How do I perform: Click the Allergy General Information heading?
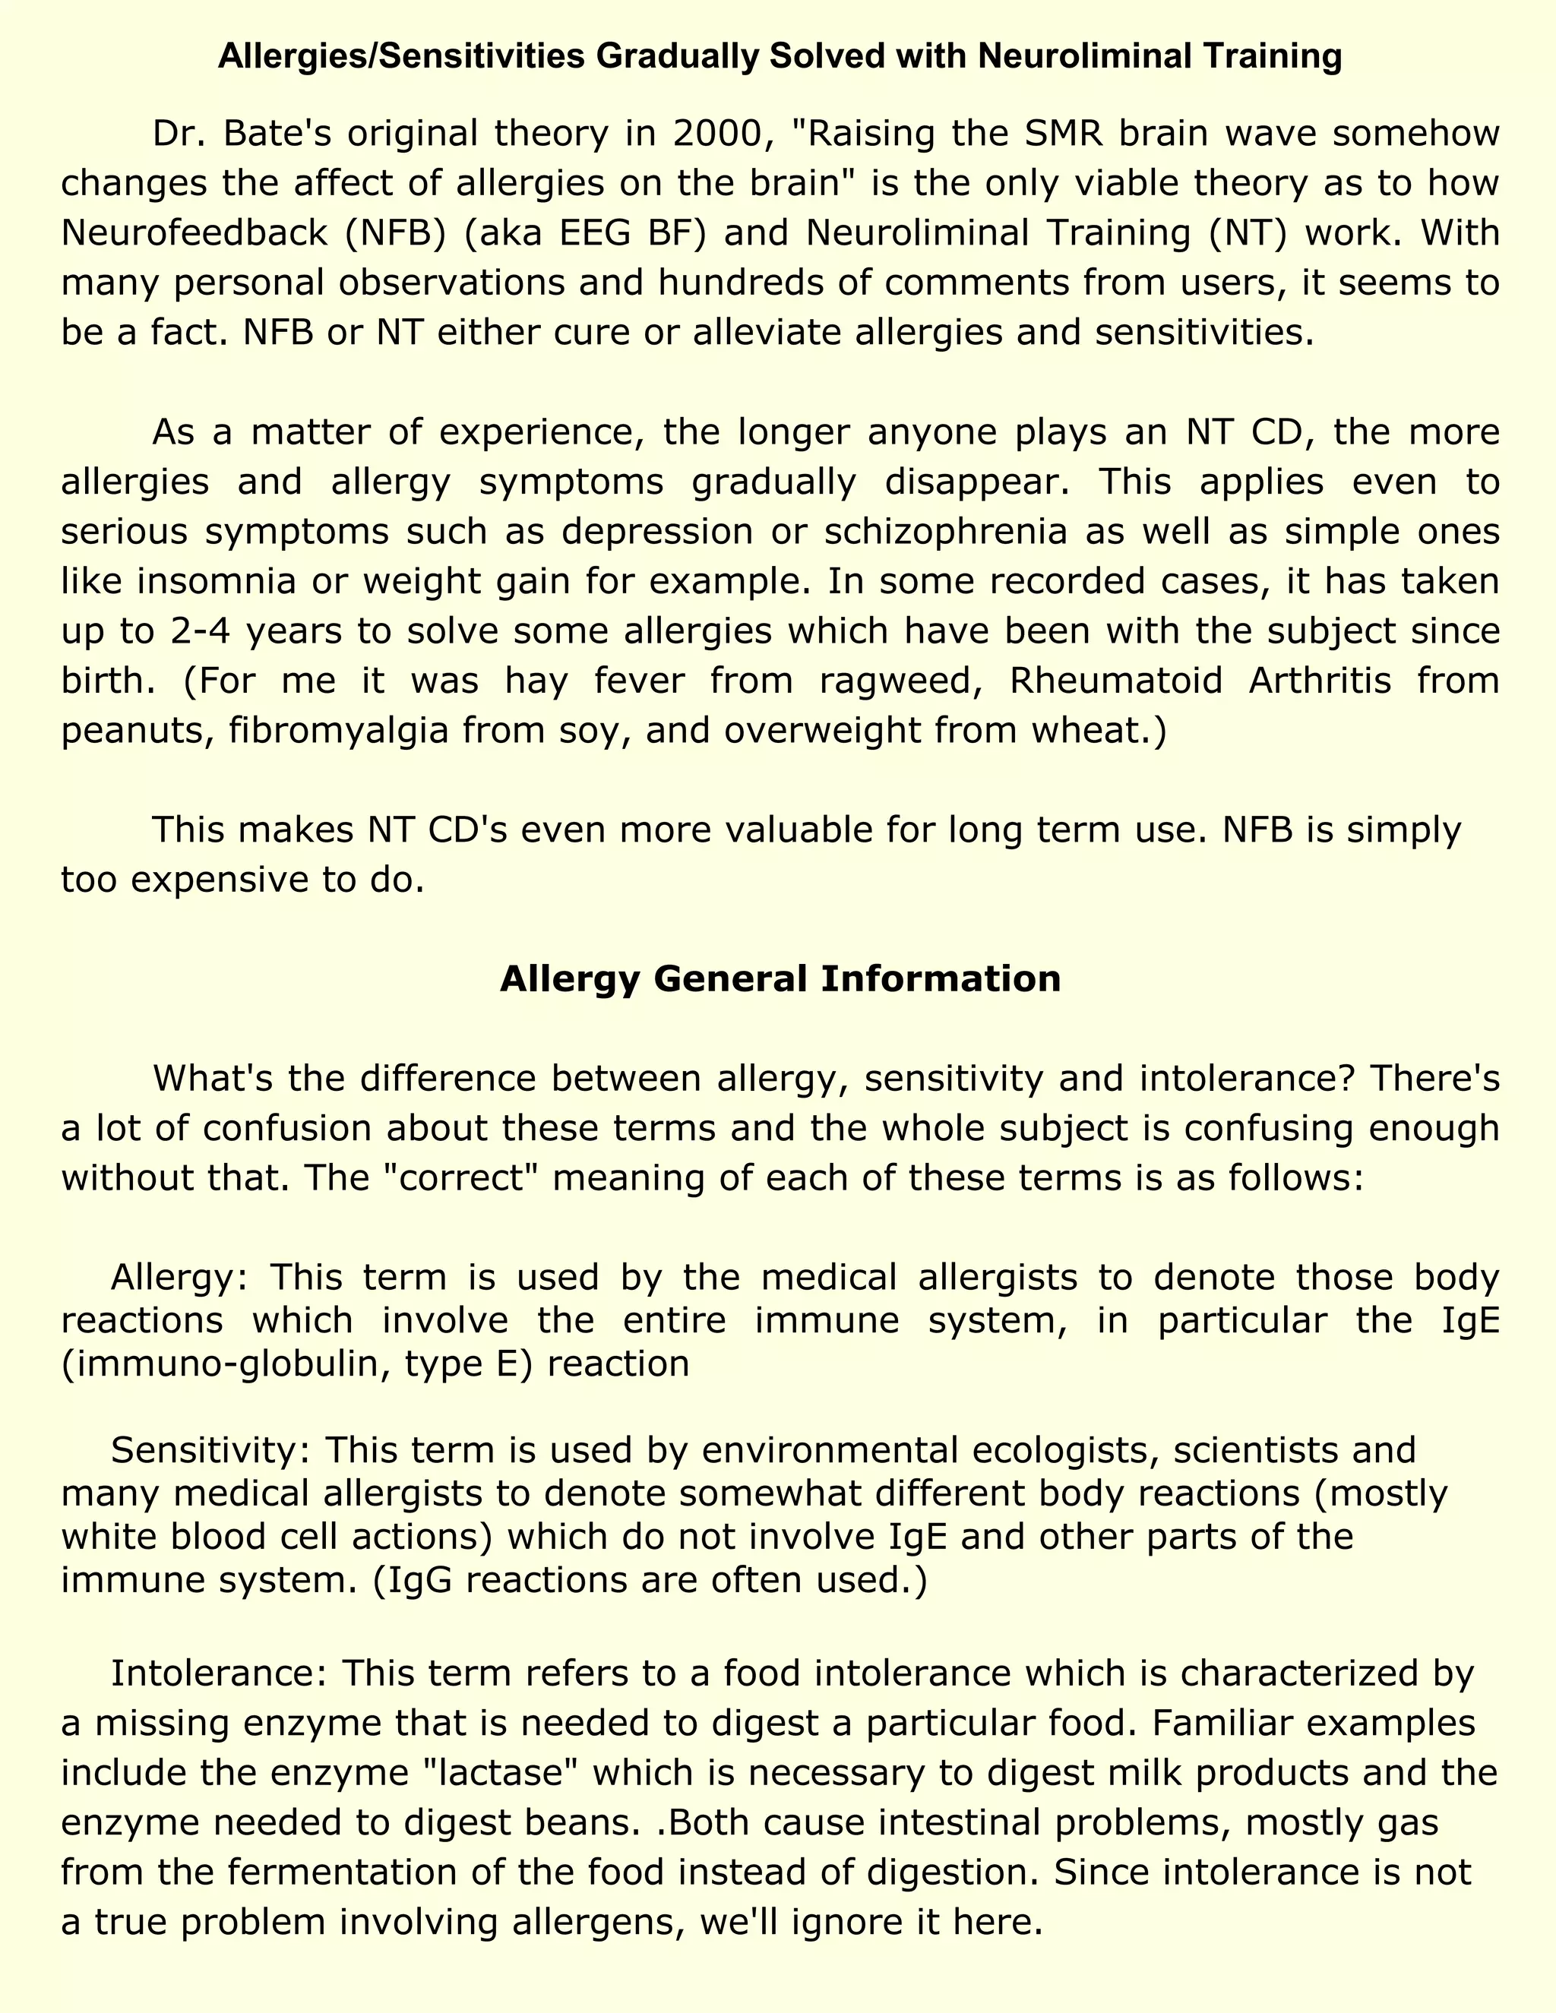(780, 978)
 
